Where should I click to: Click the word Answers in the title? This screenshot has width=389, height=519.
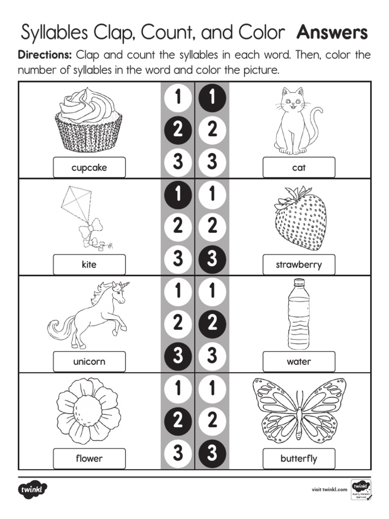pyautogui.click(x=332, y=33)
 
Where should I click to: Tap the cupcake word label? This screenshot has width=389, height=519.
pyautogui.click(x=89, y=168)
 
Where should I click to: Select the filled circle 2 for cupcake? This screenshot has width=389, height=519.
pyautogui.click(x=177, y=130)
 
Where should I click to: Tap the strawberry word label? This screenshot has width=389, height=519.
pyautogui.click(x=299, y=265)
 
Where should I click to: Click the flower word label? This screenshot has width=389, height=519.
pyautogui.click(x=89, y=459)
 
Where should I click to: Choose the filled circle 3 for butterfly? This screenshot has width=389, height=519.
pyautogui.click(x=212, y=453)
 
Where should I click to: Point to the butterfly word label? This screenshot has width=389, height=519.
pyautogui.click(x=299, y=459)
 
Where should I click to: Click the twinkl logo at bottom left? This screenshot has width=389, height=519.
pyautogui.click(x=33, y=490)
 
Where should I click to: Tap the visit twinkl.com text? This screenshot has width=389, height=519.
pyautogui.click(x=329, y=490)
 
